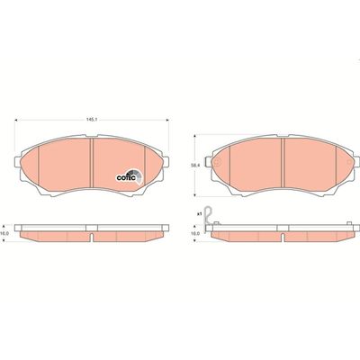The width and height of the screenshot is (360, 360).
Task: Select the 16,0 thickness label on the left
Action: point(7,232)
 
